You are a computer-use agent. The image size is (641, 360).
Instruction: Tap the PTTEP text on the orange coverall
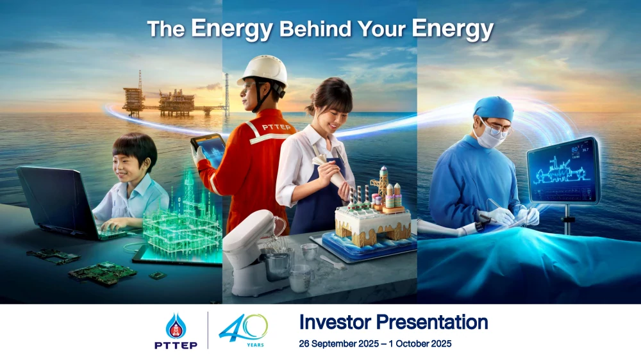276,127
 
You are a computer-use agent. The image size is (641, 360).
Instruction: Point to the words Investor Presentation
394,322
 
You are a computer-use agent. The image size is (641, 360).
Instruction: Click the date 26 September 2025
339,343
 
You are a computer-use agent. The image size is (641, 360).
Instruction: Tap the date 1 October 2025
420,343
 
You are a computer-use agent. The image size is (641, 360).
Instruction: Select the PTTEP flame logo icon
176,326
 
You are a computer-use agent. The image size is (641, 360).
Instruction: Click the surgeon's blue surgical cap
494,108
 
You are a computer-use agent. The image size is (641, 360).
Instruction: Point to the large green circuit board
102,273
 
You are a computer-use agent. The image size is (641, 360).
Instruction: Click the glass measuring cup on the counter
301,278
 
